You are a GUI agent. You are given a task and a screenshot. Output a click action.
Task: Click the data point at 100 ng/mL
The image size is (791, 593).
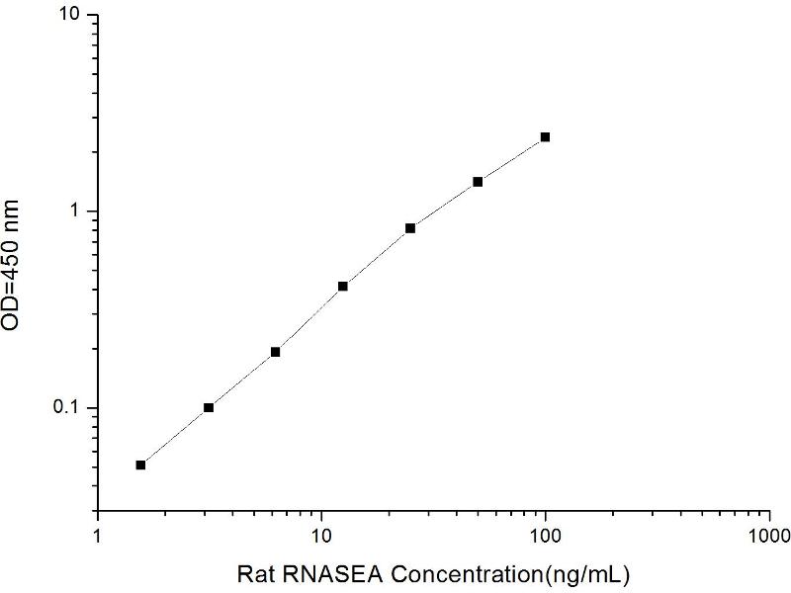pyautogui.click(x=545, y=137)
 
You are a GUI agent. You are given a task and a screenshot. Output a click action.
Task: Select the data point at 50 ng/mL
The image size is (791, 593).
pyautogui.click(x=478, y=182)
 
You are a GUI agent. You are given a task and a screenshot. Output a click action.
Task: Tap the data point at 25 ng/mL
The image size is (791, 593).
pyautogui.click(x=410, y=228)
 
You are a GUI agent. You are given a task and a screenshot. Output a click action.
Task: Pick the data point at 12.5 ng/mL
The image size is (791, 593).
pyautogui.click(x=343, y=287)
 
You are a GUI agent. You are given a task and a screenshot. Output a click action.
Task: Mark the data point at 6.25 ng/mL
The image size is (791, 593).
pyautogui.click(x=276, y=352)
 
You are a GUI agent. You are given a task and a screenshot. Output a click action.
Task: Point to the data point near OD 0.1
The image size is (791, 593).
pyautogui.click(x=209, y=407)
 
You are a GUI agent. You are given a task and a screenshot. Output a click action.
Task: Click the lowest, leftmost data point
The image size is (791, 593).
pyautogui.click(x=140, y=465)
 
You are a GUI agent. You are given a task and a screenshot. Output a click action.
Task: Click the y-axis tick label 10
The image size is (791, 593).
pyautogui.click(x=72, y=17)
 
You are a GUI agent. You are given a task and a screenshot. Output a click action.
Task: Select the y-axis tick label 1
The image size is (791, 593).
pyautogui.click(x=78, y=212)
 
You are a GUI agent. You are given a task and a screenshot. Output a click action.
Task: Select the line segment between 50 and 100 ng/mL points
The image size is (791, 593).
pyautogui.click(x=511, y=160)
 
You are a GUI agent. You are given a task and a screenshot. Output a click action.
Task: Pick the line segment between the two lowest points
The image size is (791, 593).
pyautogui.click(x=174, y=436)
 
